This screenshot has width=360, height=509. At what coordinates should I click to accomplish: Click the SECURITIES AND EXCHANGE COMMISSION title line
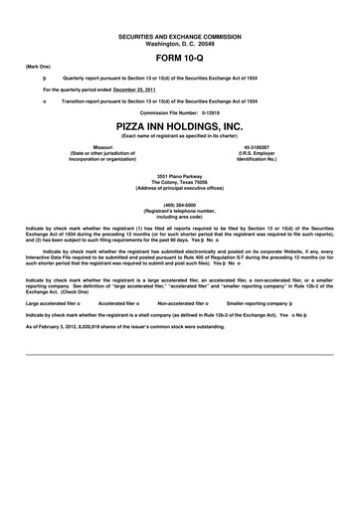point(180,36)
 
